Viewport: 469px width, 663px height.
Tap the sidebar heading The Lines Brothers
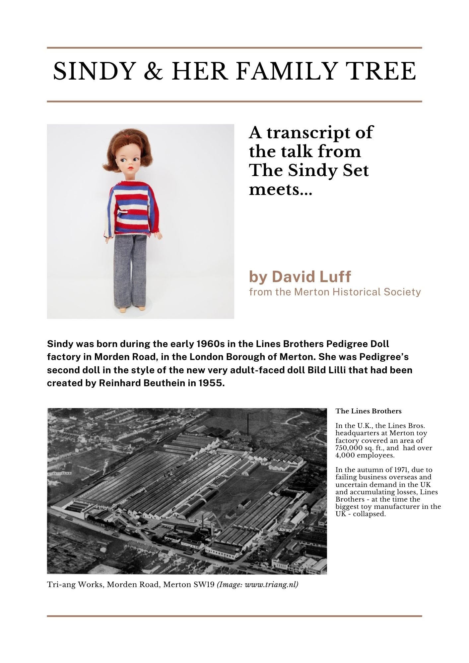click(368, 411)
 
